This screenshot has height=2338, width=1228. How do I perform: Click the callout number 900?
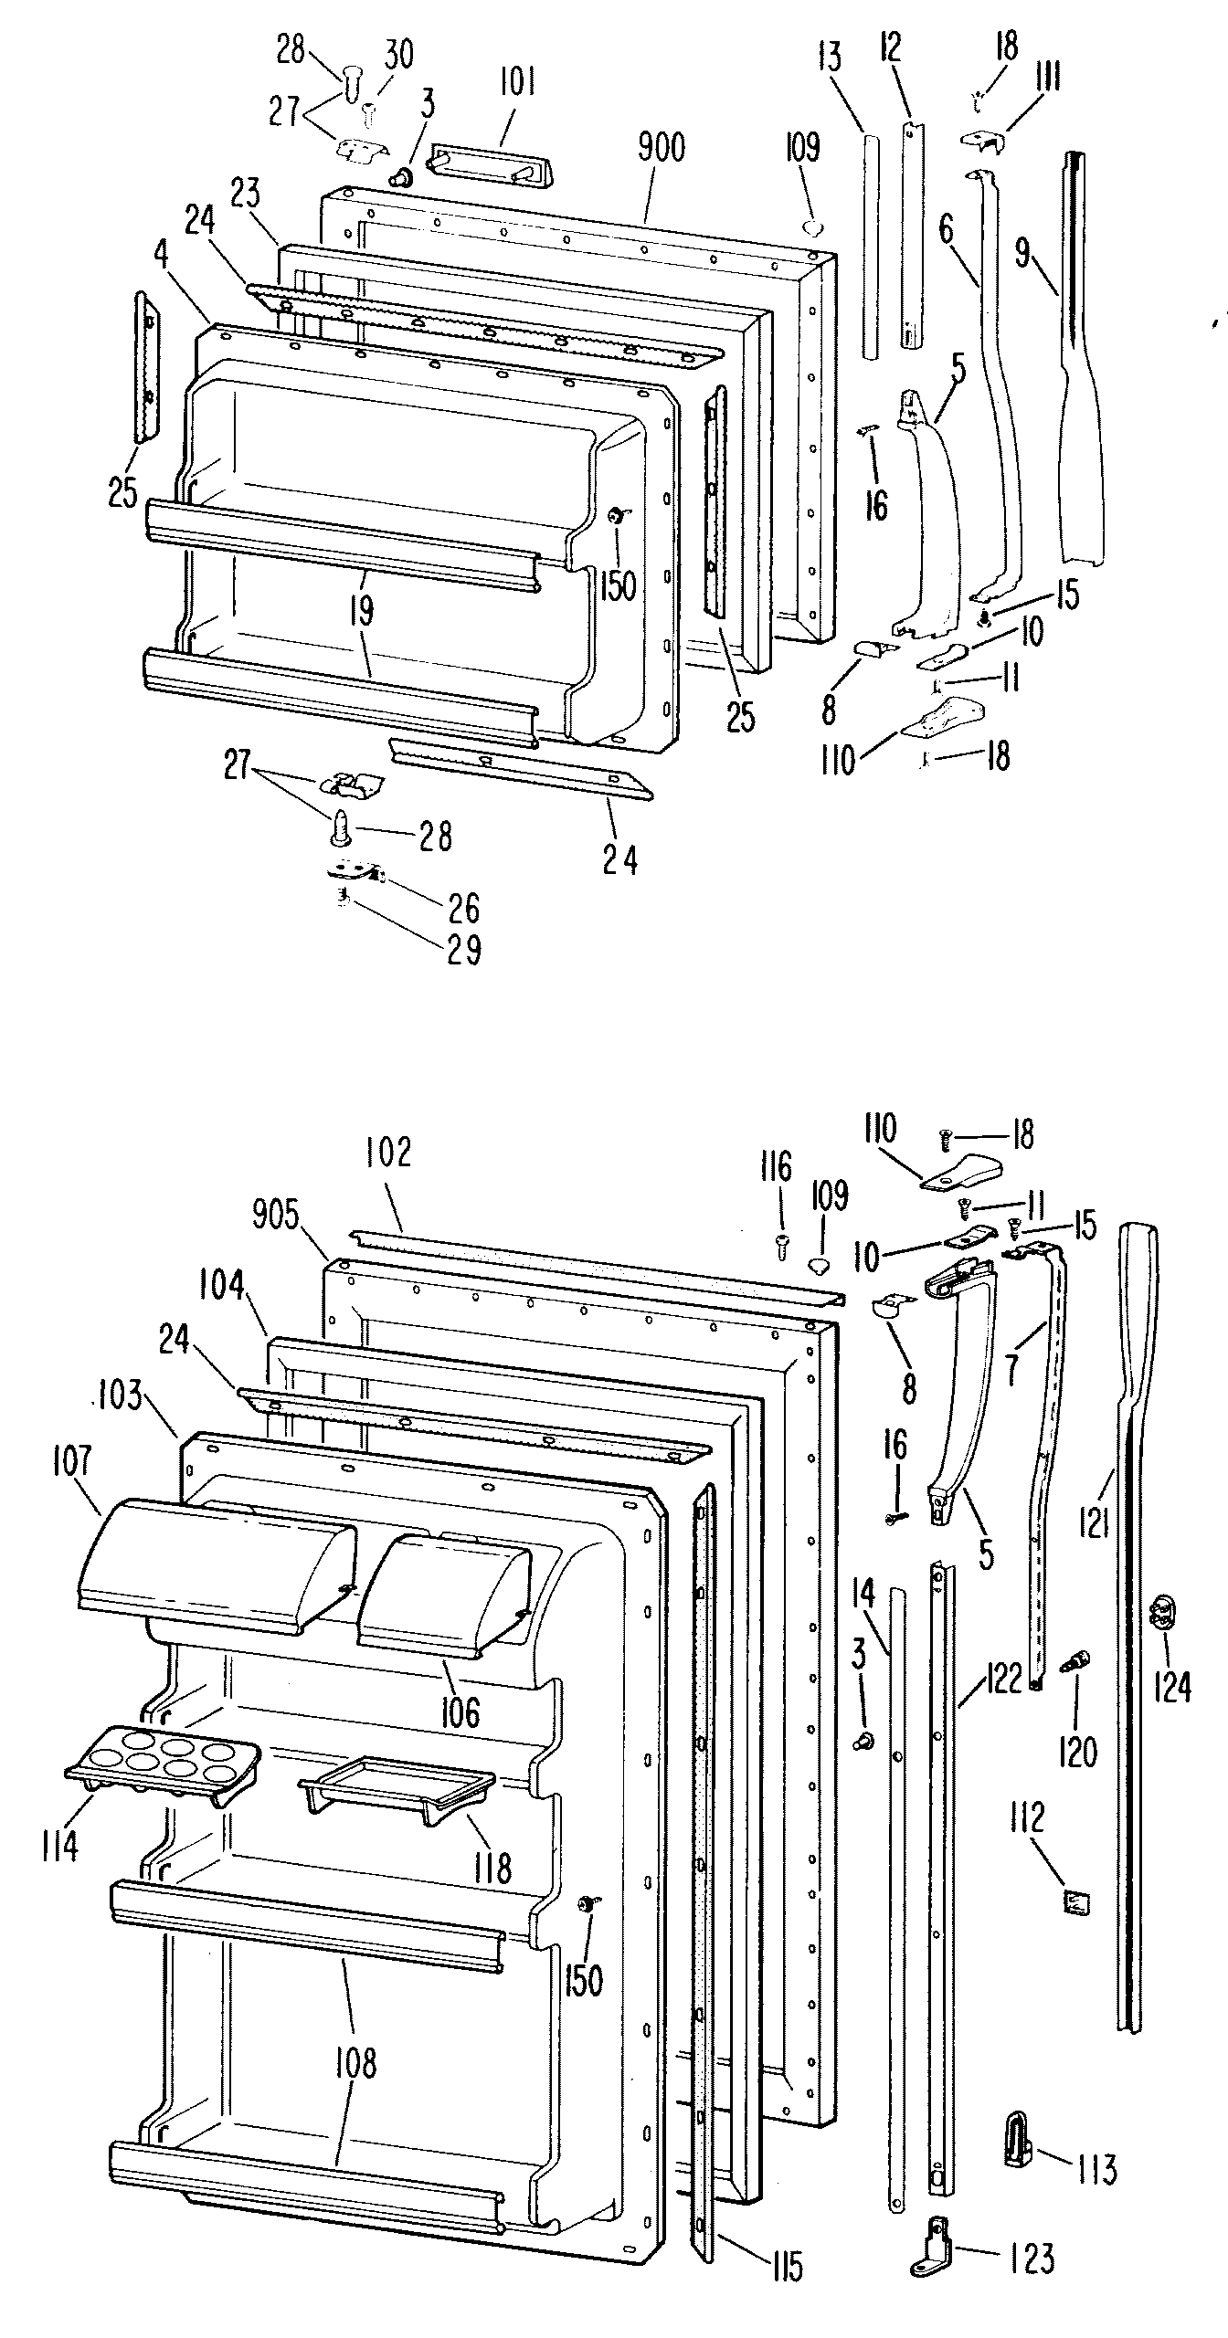(x=661, y=148)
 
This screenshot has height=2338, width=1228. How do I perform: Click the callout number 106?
(x=459, y=1712)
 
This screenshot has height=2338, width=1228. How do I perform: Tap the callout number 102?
(x=389, y=1153)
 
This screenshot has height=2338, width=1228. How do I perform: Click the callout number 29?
(x=463, y=950)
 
